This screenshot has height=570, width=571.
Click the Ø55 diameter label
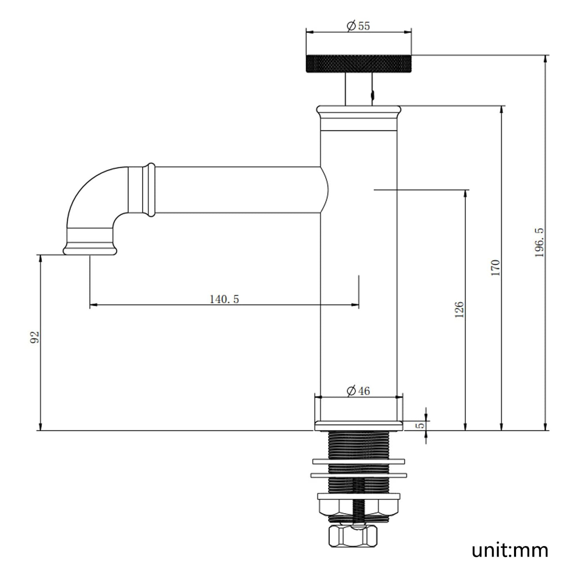[358, 26]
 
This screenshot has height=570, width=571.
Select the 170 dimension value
[495, 268]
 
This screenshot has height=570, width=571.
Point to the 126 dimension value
[459, 310]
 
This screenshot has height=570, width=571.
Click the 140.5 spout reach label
[224, 299]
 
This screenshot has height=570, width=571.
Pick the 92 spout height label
[35, 337]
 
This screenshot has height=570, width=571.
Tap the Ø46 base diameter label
[358, 391]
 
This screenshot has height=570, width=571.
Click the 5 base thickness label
[420, 425]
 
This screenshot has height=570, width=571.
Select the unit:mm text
[510, 550]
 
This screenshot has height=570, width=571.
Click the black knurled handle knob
[359, 63]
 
